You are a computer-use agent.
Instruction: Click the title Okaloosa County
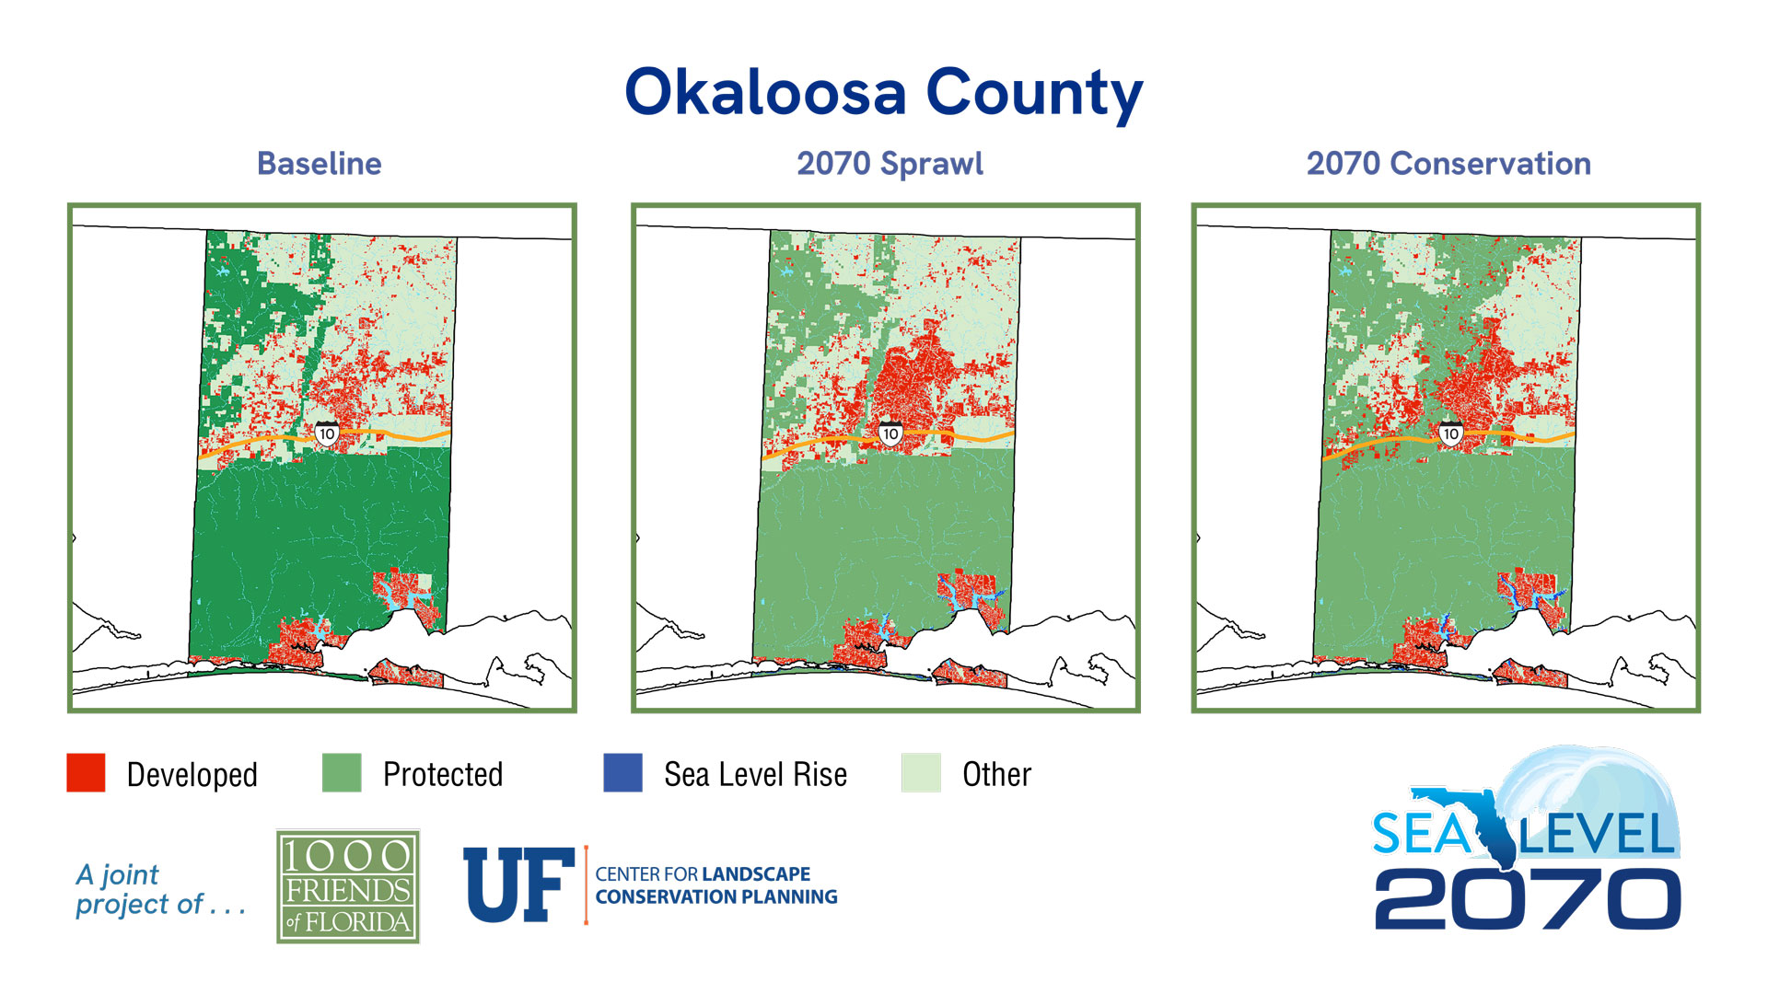pos(883,93)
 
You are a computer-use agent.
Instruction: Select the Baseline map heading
pos(319,164)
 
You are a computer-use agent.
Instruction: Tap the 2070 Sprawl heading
pos(890,164)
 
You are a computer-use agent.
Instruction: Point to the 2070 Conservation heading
pos(1448,164)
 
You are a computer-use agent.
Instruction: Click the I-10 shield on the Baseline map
pos(327,433)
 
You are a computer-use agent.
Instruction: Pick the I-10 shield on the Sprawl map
pos(890,433)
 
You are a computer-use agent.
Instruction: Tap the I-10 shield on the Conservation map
pos(1450,433)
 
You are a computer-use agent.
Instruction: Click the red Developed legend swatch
pos(86,773)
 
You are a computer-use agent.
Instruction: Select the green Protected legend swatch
pos(342,773)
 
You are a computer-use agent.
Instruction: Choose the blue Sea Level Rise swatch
pos(622,773)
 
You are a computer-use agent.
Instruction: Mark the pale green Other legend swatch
pos(921,773)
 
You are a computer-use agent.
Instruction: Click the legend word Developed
pos(192,775)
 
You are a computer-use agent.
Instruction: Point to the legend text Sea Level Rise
pos(755,775)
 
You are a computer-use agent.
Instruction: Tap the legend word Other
pos(996,775)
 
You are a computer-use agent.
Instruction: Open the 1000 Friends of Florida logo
pos(348,886)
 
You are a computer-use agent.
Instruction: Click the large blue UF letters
pos(518,885)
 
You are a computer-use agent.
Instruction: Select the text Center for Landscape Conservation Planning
pos(715,885)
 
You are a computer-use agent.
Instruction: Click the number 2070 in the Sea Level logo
pos(1527,899)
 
